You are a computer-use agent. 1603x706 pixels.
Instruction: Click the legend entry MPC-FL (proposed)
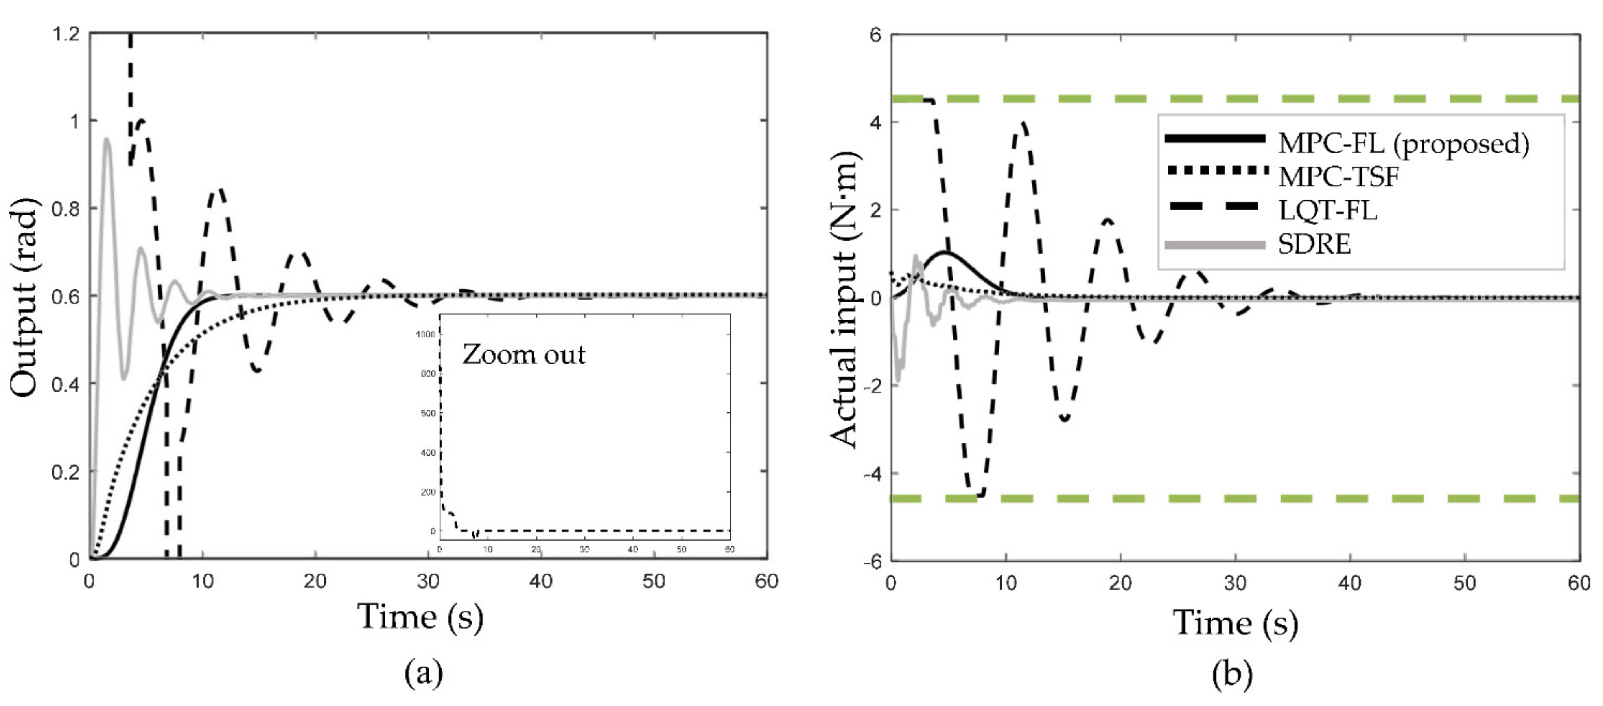click(x=1403, y=144)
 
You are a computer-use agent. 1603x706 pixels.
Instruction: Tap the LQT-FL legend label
click(x=1327, y=210)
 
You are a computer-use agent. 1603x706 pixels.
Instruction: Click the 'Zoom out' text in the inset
click(x=523, y=355)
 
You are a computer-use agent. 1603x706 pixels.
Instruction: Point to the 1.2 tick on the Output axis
click(x=66, y=34)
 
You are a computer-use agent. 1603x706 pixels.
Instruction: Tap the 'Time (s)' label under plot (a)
click(x=421, y=618)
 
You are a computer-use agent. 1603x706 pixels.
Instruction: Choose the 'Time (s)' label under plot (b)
click(x=1235, y=623)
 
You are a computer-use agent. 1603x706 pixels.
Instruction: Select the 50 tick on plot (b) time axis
click(x=1464, y=583)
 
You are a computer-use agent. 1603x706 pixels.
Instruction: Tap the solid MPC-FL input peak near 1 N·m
click(x=945, y=252)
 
